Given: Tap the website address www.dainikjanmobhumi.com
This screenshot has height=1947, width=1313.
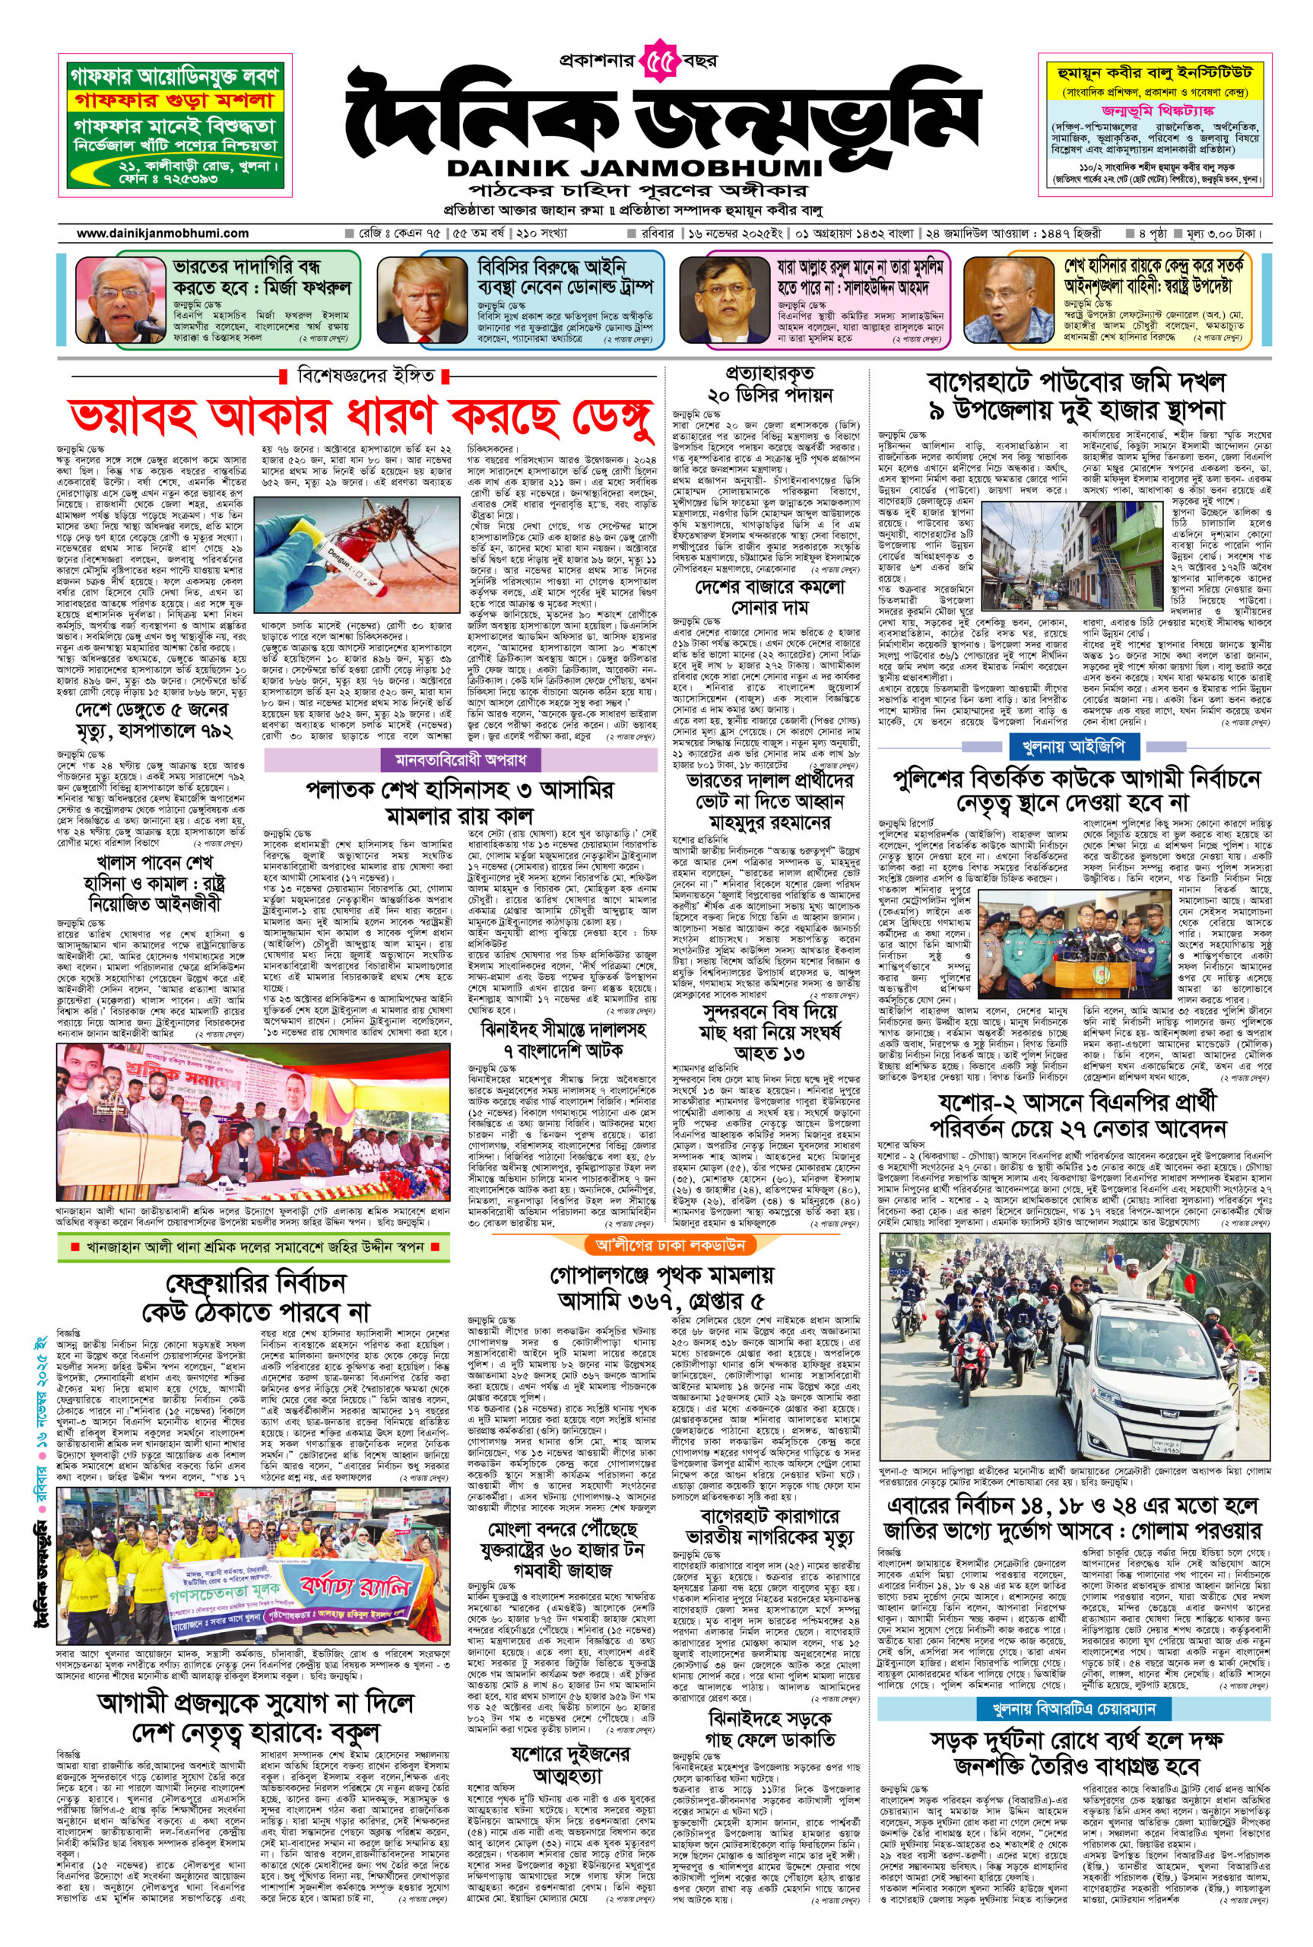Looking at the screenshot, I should (163, 233).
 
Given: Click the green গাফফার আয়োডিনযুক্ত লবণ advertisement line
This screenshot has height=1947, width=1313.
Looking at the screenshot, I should (175, 77).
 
